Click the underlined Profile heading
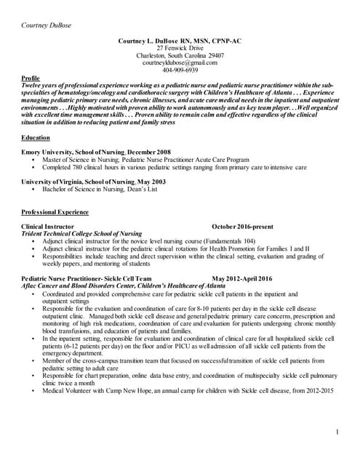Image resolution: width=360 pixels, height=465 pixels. (31, 78)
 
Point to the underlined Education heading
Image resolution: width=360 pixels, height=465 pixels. (36, 137)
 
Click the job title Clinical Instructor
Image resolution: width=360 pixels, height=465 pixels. (48, 227)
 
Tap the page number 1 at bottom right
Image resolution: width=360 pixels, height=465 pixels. (338, 433)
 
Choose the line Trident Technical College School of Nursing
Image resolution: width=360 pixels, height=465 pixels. (81, 234)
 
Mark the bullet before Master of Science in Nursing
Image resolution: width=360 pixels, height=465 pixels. (33, 158)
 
